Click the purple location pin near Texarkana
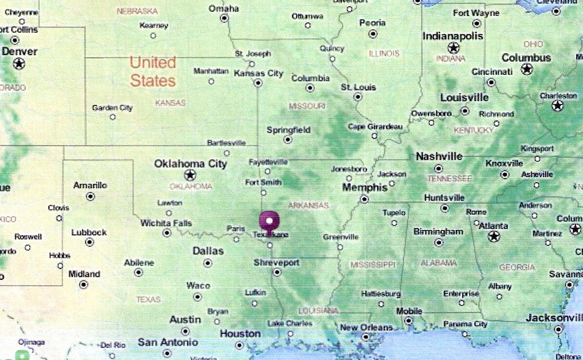pyautogui.click(x=269, y=221)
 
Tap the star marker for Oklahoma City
pyautogui.click(x=189, y=175)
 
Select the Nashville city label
pyautogui.click(x=439, y=157)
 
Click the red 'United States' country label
pyautogui.click(x=153, y=71)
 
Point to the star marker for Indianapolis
pyautogui.click(x=453, y=48)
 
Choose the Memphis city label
pyautogui.click(x=365, y=188)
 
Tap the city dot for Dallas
pyautogui.click(x=208, y=263)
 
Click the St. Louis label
pyautogui.click(x=358, y=87)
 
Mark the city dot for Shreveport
pyautogui.click(x=277, y=272)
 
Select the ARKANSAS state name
pyautogui.click(x=308, y=206)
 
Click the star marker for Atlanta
pyautogui.click(x=494, y=236)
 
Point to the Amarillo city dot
pyautogui.click(x=90, y=196)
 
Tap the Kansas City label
pyautogui.click(x=259, y=73)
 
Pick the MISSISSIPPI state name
pyautogui.click(x=372, y=265)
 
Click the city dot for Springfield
pyautogui.click(x=288, y=140)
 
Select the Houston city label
pyautogui.click(x=240, y=334)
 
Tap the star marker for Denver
pyautogui.click(x=19, y=64)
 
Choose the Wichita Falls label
pyautogui.click(x=166, y=223)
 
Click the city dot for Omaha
pyautogui.click(x=224, y=18)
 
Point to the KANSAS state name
pyautogui.click(x=170, y=103)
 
